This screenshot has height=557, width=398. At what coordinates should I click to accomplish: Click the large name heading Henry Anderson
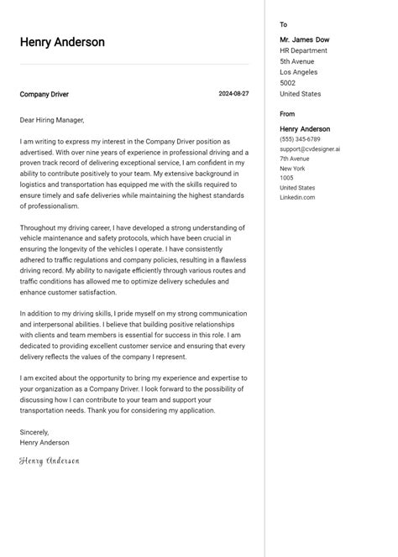click(x=62, y=42)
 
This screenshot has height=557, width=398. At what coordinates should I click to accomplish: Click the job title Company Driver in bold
click(x=45, y=95)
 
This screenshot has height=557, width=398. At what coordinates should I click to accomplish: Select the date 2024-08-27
click(x=233, y=94)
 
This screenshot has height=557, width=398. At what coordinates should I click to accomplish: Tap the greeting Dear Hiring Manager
click(x=52, y=120)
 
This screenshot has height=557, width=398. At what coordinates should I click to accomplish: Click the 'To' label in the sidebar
click(x=284, y=25)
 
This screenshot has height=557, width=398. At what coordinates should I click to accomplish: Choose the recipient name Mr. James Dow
click(x=305, y=39)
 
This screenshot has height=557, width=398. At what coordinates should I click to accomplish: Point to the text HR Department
click(x=304, y=50)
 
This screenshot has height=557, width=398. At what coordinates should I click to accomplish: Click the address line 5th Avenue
click(x=297, y=61)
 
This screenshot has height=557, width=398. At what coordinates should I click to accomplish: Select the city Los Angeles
click(x=299, y=72)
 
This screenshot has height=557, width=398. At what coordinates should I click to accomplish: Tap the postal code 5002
click(x=288, y=83)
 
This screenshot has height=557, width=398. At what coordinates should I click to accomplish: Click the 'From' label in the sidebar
click(x=287, y=114)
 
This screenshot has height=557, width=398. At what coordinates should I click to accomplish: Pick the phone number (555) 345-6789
click(x=300, y=139)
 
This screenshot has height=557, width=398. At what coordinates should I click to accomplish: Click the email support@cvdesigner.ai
click(x=310, y=149)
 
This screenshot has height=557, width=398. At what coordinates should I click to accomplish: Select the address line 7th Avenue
click(x=295, y=159)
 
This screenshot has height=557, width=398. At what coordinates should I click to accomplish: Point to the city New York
click(x=293, y=169)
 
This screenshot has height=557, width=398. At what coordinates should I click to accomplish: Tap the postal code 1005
click(x=287, y=178)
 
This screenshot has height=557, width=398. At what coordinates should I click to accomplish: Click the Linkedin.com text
click(x=297, y=197)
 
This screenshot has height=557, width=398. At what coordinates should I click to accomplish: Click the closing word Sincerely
click(x=34, y=432)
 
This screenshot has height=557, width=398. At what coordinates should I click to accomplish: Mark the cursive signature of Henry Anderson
click(x=50, y=461)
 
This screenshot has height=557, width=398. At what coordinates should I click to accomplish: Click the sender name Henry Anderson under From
click(x=305, y=129)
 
